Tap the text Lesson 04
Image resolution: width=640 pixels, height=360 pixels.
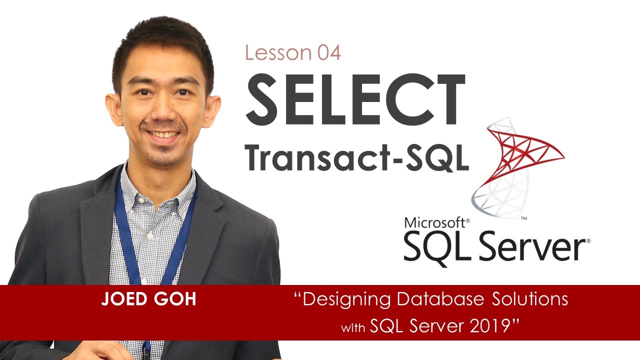(x=293, y=53)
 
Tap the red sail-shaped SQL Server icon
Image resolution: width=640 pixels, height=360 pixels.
(x=520, y=150)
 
